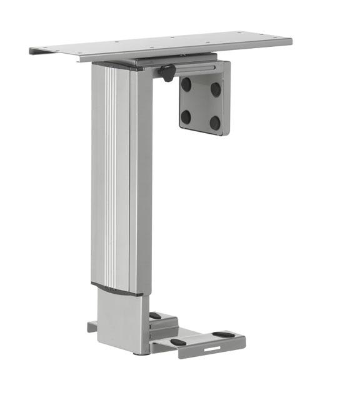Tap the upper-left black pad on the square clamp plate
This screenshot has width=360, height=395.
click(x=186, y=84)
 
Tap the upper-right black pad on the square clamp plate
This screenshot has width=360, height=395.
click(x=216, y=89)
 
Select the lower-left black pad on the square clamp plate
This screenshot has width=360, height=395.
click(x=186, y=116)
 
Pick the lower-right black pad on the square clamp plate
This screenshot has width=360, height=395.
click(x=215, y=122)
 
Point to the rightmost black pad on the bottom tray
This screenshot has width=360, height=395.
click(x=223, y=335)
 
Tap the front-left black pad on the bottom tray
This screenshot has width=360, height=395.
click(x=179, y=342)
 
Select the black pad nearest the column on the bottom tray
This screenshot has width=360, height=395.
click(x=155, y=316)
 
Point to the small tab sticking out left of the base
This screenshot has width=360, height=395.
click(x=92, y=326)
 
